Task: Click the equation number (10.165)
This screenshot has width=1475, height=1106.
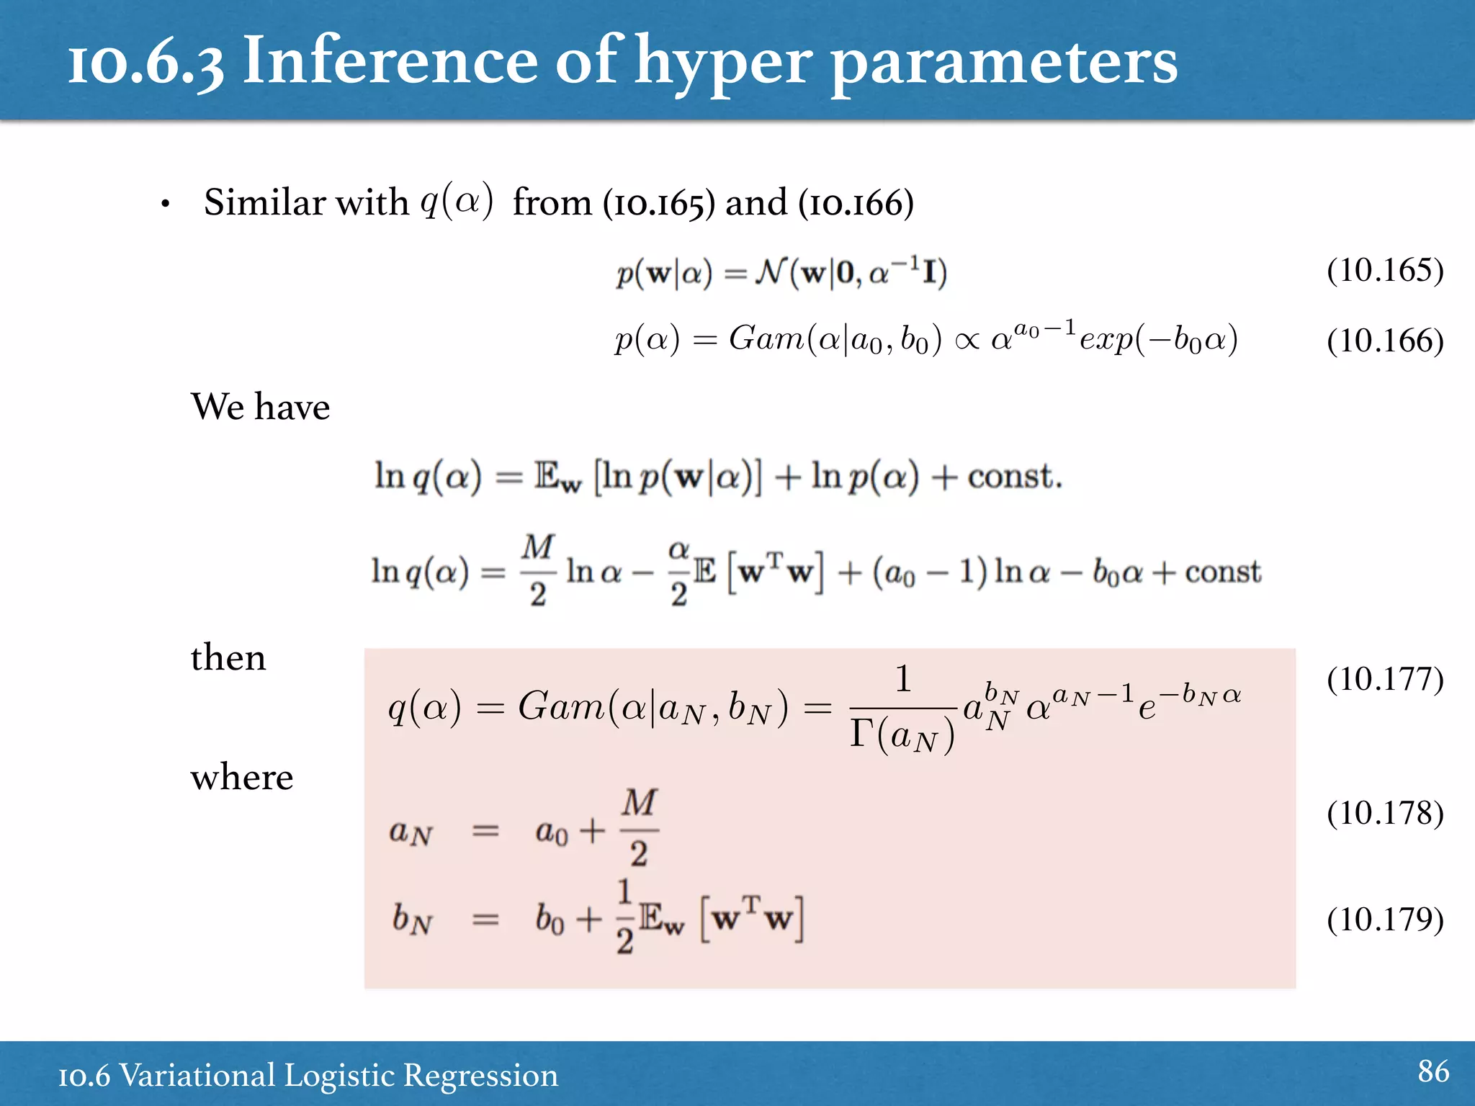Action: point(1384,271)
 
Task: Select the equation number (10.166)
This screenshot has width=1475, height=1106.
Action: point(1384,341)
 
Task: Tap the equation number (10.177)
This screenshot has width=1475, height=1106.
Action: point(1384,679)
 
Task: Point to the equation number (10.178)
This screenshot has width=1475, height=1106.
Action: point(1384,813)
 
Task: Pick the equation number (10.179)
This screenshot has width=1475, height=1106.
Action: point(1384,920)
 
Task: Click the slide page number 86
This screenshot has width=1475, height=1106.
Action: point(1433,1071)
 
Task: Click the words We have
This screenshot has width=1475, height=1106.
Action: point(260,407)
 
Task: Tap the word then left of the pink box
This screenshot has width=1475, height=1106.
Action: point(228,658)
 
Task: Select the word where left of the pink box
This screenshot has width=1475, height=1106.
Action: point(242,778)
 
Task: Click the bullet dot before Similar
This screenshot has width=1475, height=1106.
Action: point(166,204)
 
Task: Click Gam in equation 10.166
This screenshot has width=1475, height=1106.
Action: point(766,338)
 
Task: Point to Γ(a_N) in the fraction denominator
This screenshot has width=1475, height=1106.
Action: point(902,735)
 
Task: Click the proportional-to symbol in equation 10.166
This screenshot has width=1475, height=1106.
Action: point(967,341)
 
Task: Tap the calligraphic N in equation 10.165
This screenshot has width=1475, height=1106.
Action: point(771,272)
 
